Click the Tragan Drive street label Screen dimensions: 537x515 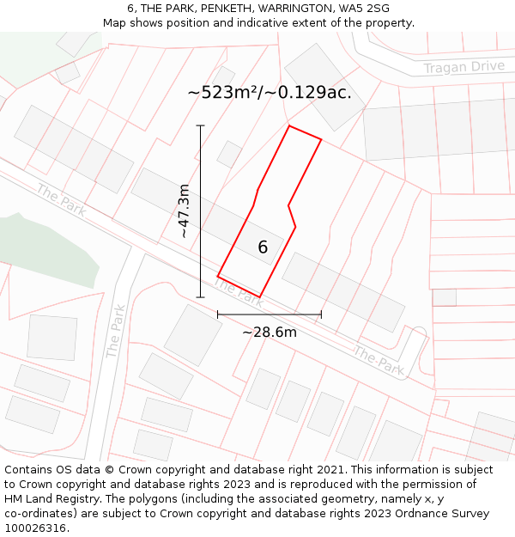(463, 67)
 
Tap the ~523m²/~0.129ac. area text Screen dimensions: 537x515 (270, 93)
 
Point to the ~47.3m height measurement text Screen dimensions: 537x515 (183, 211)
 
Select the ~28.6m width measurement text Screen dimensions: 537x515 (270, 333)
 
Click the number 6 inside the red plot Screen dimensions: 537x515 (263, 247)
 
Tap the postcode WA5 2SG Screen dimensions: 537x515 (364, 9)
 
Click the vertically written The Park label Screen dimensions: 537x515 (116, 331)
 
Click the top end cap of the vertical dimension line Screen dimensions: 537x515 (201, 126)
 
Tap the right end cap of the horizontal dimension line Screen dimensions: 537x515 (321, 314)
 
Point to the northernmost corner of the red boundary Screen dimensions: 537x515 (289, 126)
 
